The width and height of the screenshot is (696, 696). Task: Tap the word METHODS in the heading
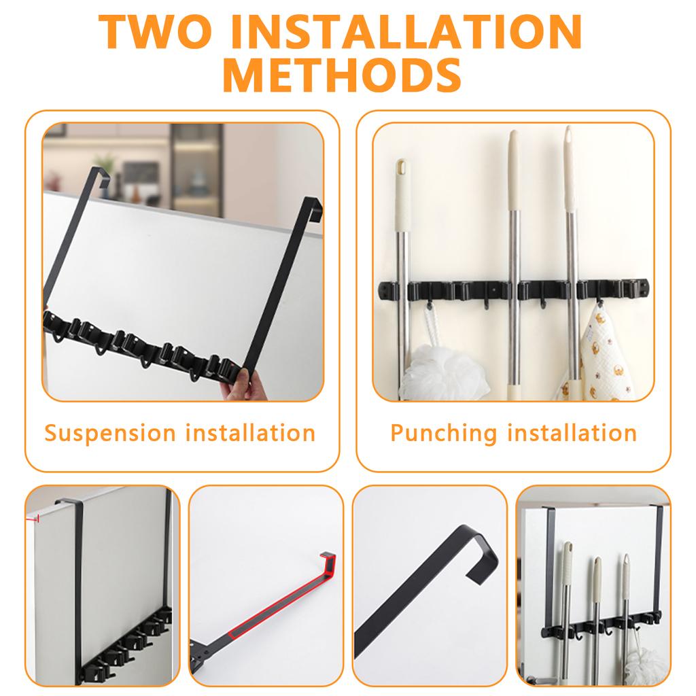(342, 76)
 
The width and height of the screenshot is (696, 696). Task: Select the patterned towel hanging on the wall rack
(601, 353)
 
